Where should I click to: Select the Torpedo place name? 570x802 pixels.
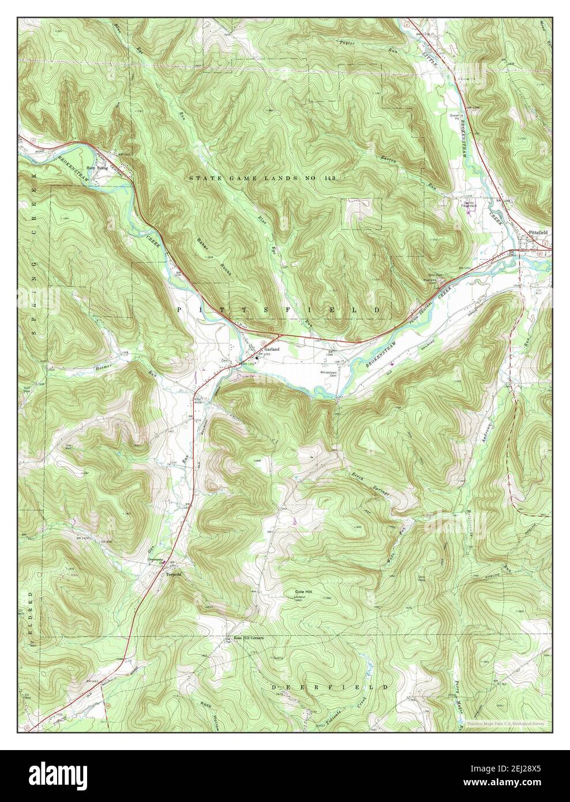pos(174,575)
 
